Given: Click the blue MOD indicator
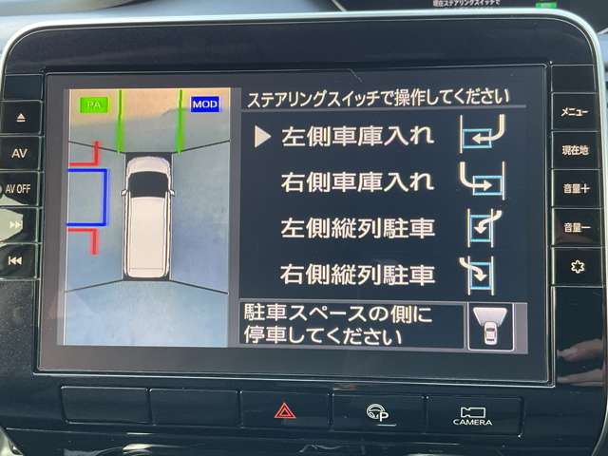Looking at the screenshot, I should click(x=204, y=104).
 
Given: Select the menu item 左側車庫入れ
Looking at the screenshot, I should click(x=357, y=136).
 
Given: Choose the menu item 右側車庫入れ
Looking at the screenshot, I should click(x=357, y=180).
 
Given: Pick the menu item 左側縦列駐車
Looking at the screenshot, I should click(x=357, y=228).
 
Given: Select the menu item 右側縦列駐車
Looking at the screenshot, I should click(x=357, y=275).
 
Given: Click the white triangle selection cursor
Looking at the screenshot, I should click(x=263, y=136).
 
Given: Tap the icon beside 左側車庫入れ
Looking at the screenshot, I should click(x=482, y=134).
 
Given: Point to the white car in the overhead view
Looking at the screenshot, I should click(x=148, y=216).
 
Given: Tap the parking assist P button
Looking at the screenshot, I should click(x=378, y=410).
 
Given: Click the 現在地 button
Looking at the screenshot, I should click(x=575, y=150).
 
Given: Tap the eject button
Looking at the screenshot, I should click(x=21, y=118).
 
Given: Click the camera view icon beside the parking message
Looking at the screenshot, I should click(x=489, y=326).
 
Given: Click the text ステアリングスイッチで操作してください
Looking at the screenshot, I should click(x=378, y=97).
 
